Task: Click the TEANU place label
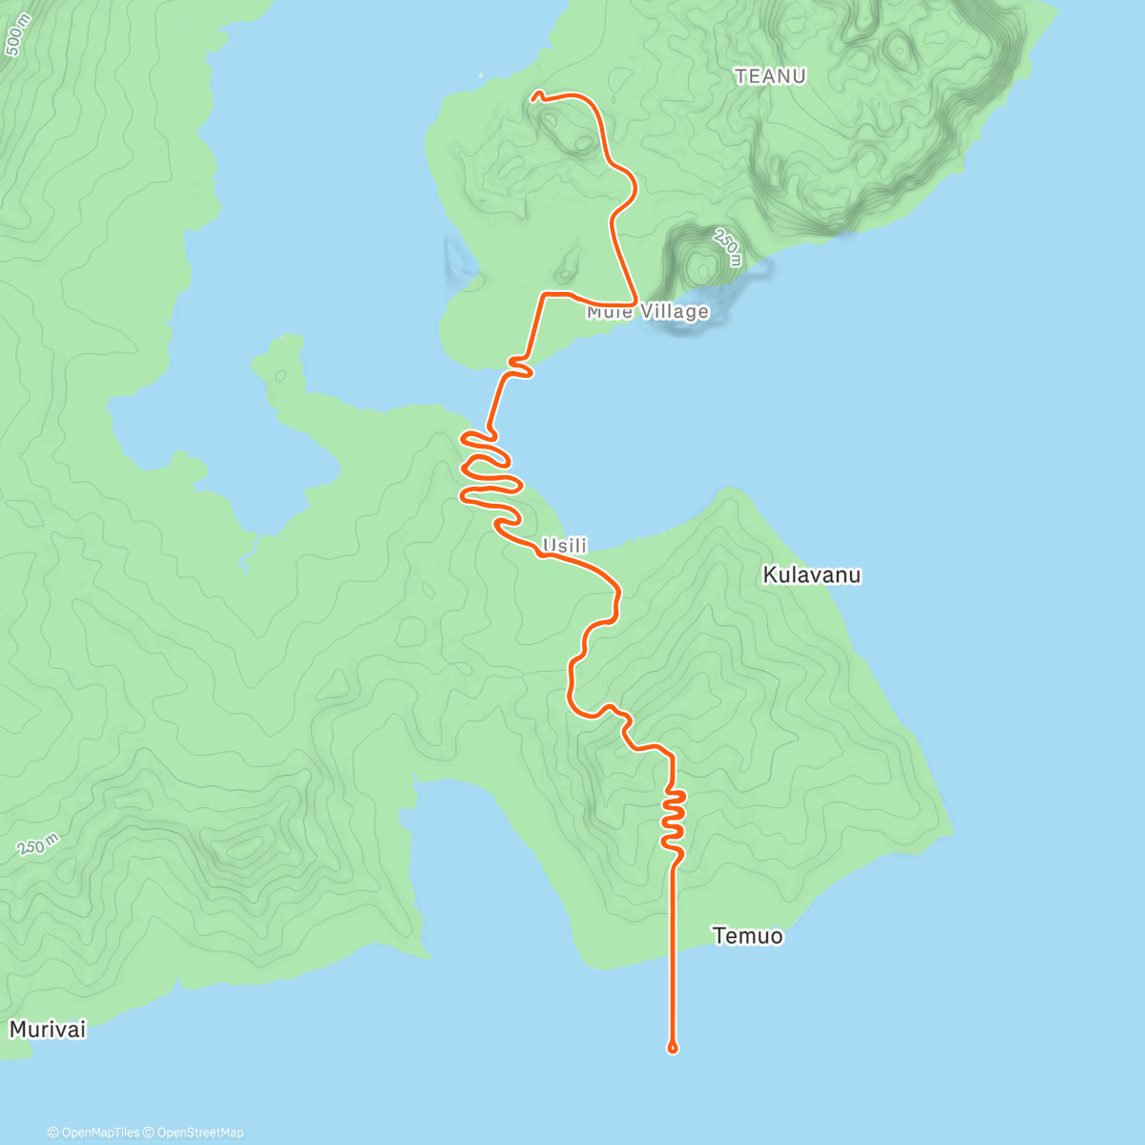click(770, 76)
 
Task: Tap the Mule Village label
click(648, 312)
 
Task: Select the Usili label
click(564, 546)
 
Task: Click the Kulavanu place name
click(811, 574)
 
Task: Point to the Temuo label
click(747, 936)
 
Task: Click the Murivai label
click(48, 1030)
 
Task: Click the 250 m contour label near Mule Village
click(727, 247)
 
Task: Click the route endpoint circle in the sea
click(673, 1048)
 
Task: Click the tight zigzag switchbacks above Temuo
click(674, 819)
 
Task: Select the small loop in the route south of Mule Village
click(519, 365)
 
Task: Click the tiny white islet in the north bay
click(481, 75)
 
